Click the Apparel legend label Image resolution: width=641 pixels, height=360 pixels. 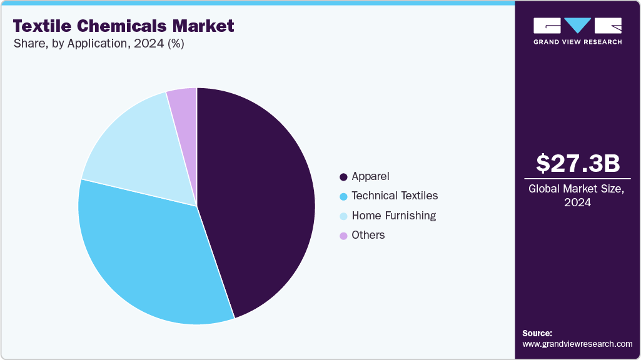(x=370, y=176)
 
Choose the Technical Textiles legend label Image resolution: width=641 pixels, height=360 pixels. (x=395, y=196)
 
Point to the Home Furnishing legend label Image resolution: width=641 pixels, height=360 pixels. (x=393, y=216)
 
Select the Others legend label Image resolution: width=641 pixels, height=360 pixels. (x=368, y=235)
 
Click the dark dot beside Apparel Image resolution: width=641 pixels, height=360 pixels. (x=343, y=177)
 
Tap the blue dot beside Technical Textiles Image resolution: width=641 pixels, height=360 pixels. (x=343, y=196)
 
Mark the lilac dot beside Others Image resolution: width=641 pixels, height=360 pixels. (x=343, y=236)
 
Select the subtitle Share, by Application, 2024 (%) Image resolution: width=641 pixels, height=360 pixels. (x=98, y=44)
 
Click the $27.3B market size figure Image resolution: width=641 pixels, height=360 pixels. (x=578, y=163)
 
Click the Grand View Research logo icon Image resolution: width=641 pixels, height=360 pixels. (x=577, y=26)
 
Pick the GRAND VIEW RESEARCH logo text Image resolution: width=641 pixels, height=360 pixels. (x=577, y=42)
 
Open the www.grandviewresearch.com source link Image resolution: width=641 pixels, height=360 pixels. (x=577, y=344)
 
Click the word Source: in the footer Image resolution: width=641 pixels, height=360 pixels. (x=537, y=333)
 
